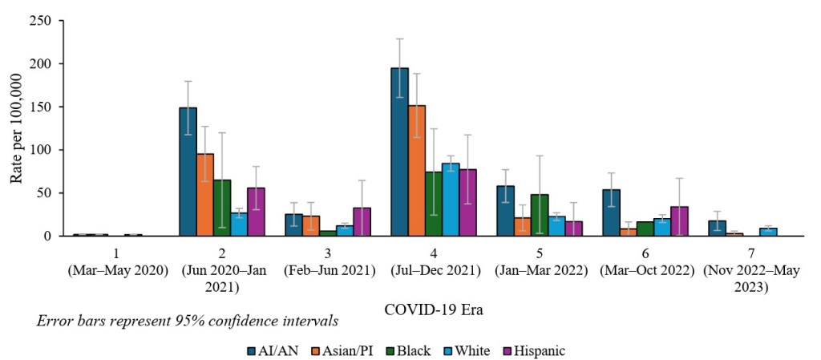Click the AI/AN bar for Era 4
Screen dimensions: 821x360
pos(399,152)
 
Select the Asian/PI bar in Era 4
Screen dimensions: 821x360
pos(417,171)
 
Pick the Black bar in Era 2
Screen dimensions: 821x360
pos(222,208)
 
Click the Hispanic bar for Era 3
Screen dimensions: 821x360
pos(362,222)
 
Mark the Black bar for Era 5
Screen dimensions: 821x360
pos(540,215)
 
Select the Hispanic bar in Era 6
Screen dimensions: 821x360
pos(679,221)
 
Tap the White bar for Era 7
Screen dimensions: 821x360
pos(768,232)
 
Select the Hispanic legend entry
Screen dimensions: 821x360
pos(535,350)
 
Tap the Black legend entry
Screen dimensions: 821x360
pos(410,350)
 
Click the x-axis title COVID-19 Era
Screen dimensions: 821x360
pos(434,309)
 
